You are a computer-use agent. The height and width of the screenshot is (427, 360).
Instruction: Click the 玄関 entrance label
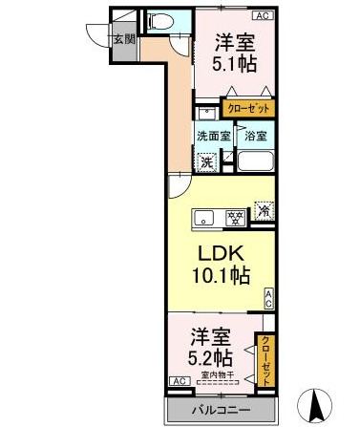[x=123, y=40]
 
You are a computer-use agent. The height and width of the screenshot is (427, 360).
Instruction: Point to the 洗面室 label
[x=213, y=136]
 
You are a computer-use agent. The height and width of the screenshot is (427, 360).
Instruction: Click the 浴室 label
[x=255, y=136]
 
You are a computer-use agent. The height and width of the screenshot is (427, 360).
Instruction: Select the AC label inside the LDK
[x=268, y=297]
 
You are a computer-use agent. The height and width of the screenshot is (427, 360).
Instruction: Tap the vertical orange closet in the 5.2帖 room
[x=267, y=358]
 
